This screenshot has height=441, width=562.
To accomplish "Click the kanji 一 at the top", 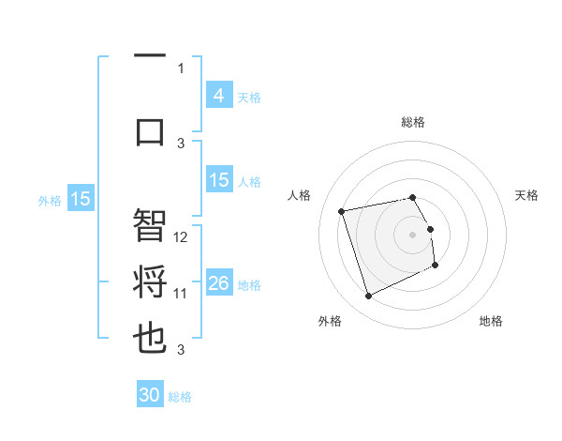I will click(150, 56).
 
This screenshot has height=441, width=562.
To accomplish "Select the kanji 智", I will click(150, 225).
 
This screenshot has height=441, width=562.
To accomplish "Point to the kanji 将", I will click(150, 282).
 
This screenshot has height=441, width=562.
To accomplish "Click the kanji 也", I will click(150, 340).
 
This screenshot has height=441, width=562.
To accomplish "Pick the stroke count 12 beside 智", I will click(182, 237).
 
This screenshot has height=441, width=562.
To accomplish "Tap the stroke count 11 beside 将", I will click(182, 294).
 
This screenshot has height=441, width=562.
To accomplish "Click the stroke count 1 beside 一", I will click(181, 68).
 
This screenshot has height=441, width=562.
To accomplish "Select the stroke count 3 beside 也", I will click(181, 350).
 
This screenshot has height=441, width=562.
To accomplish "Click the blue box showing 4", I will click(218, 96).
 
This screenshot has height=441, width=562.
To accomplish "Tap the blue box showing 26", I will click(218, 283).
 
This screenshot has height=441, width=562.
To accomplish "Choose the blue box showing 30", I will click(150, 395).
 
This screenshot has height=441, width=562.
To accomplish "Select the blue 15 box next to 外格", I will click(81, 198).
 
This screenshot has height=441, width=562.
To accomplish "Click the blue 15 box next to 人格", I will click(218, 180).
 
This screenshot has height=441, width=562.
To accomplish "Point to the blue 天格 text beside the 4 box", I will click(249, 97).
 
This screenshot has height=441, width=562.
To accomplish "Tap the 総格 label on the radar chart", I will click(413, 122).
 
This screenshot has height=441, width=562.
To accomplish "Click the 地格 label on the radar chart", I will click(491, 321).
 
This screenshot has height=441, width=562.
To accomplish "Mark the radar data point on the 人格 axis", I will click(342, 210).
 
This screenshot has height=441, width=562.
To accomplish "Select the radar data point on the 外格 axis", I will click(368, 297).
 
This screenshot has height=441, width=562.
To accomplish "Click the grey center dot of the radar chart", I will click(413, 234).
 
